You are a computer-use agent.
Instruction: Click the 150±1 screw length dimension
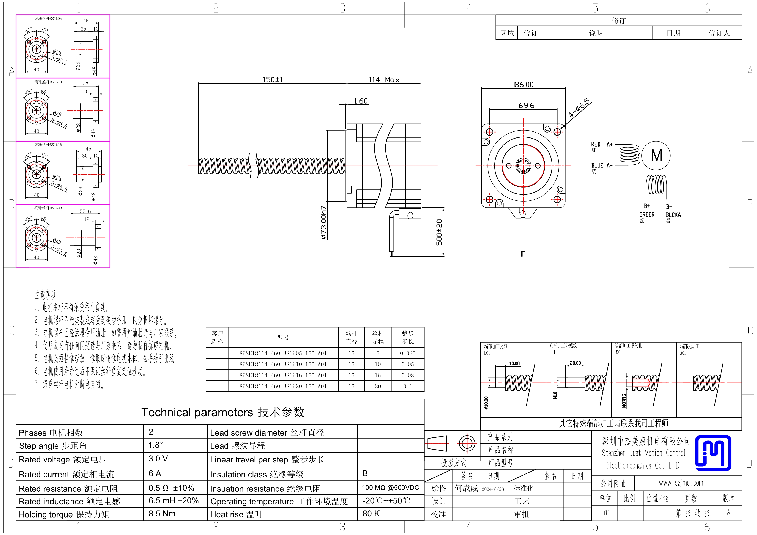[272, 80]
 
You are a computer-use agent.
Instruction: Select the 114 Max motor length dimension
[384, 80]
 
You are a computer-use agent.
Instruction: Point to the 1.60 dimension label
[361, 101]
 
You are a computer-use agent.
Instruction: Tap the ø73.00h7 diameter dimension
[324, 223]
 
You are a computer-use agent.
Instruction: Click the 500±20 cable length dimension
[439, 232]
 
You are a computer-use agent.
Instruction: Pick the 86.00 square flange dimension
[522, 84]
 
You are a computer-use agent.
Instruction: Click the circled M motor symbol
[656, 156]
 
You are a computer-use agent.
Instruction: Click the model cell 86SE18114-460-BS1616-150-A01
[283, 375]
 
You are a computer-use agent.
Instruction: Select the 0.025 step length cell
[407, 353]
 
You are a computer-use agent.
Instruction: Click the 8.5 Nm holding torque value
[162, 514]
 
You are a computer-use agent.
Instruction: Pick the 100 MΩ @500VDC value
[390, 488]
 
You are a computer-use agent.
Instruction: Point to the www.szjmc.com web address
[681, 483]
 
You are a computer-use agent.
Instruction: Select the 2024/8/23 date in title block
[493, 489]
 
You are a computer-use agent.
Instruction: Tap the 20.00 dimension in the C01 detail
[575, 363]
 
